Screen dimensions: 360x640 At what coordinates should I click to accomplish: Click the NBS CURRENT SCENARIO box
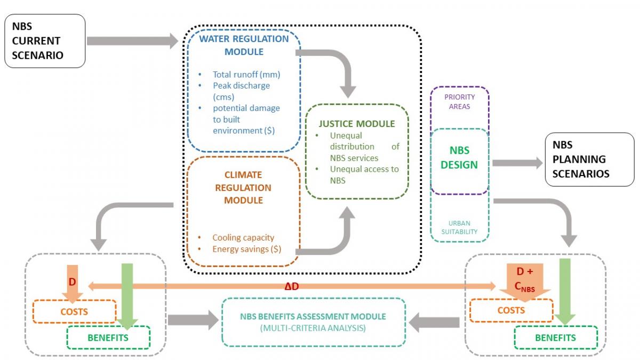pos(45,41)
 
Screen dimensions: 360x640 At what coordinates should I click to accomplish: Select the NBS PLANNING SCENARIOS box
pos(589,159)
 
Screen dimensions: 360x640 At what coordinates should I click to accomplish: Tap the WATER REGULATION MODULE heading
pos(244,45)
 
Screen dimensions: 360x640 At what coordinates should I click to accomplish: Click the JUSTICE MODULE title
pos(357,124)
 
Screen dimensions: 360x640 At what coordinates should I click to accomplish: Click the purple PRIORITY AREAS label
pos(459,102)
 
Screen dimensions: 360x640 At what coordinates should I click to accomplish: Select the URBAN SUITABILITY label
pos(459,227)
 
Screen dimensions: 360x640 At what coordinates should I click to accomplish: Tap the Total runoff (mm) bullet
pos(246,75)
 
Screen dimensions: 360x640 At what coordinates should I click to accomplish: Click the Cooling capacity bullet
pos(243,237)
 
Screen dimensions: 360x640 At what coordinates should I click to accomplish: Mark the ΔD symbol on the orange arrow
pos(291,287)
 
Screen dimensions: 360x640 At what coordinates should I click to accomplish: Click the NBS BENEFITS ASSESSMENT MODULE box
pos(313,322)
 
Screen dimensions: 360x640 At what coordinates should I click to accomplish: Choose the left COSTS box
pos(75,311)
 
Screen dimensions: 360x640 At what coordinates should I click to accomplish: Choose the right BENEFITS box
pos(555,338)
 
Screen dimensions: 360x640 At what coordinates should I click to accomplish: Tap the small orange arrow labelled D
pos(71,284)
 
